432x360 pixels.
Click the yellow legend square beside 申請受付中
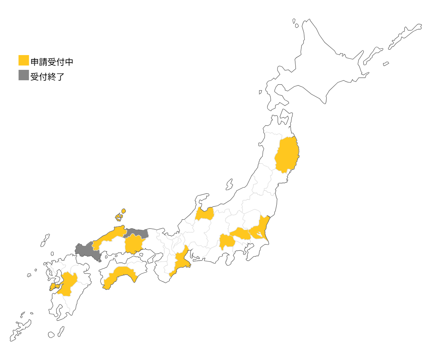[x=24, y=60]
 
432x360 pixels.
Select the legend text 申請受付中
[x=52, y=62]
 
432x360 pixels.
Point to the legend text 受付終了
[x=47, y=76]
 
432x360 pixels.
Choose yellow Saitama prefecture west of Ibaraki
[x=240, y=234]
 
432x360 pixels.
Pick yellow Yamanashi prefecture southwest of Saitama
[x=226, y=242]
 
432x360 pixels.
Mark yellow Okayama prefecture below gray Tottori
[x=134, y=244]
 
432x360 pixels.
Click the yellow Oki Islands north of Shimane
[x=119, y=217]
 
